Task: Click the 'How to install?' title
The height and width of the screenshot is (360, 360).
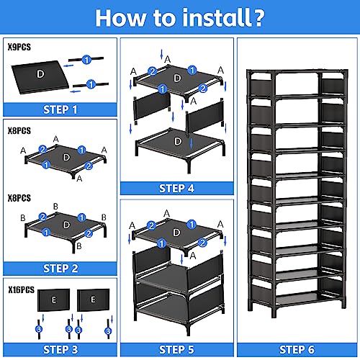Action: [x=180, y=18]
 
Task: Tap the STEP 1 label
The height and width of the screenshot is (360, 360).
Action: [x=60, y=109]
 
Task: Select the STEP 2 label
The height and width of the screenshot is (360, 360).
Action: [x=60, y=269]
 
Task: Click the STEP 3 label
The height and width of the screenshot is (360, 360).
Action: [x=60, y=350]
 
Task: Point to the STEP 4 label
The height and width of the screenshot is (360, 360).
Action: [x=176, y=189]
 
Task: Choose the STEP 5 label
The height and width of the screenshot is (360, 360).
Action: [x=176, y=350]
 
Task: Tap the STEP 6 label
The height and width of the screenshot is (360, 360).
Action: [x=297, y=350]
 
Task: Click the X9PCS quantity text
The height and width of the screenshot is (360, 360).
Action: [x=19, y=47]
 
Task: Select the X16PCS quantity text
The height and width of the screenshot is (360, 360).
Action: [x=22, y=289]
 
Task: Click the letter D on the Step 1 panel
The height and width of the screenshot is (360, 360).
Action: [x=40, y=74]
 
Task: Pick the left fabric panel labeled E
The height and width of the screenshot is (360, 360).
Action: [x=53, y=300]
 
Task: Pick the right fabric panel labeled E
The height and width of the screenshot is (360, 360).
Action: [x=93, y=300]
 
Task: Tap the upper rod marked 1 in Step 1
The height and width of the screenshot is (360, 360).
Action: [x=86, y=59]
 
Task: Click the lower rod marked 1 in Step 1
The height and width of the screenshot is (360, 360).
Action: [x=91, y=84]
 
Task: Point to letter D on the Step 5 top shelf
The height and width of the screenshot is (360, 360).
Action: [x=176, y=233]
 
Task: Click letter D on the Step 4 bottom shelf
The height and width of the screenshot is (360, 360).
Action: [x=178, y=141]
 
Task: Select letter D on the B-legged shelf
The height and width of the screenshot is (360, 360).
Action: [x=66, y=225]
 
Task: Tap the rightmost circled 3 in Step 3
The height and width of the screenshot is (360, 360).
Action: [x=108, y=331]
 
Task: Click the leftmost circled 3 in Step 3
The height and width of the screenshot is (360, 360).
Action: [x=39, y=329]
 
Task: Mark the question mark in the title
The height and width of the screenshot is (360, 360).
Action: [x=258, y=18]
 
